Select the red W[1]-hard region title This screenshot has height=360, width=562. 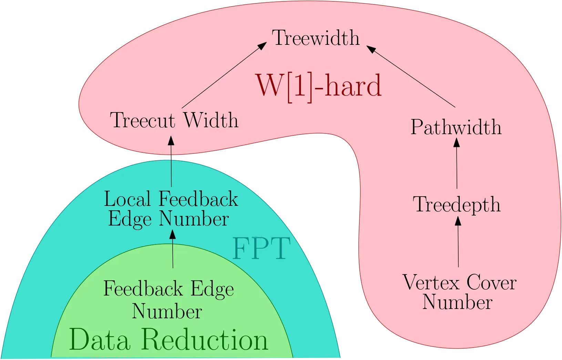point(319,87)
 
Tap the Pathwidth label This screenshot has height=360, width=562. point(456,127)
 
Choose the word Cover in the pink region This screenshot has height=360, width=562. point(491,282)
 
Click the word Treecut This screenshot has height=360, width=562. point(143,120)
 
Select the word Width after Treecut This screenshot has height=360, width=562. point(211,120)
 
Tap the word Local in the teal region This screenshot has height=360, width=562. point(127,199)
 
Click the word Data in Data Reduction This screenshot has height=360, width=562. point(100,339)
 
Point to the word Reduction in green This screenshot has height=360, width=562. point(205,339)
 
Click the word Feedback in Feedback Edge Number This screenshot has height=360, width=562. point(143,289)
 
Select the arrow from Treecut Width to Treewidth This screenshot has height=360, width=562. point(224,75)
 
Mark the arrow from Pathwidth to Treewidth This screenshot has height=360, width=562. point(411,77)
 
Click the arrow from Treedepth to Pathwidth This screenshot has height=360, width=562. point(457,163)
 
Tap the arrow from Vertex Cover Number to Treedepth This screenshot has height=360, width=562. point(458,242)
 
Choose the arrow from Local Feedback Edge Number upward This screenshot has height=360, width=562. point(171,161)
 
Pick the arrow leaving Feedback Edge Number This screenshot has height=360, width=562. point(173,249)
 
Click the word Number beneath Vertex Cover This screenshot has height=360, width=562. point(457,302)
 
